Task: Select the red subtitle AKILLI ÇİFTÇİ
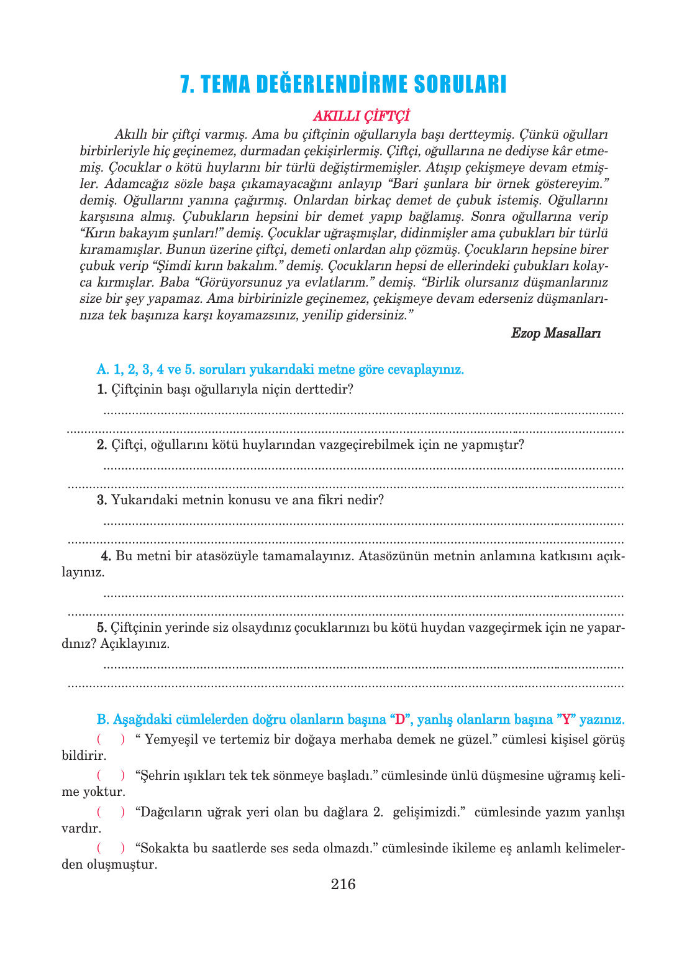click(x=361, y=116)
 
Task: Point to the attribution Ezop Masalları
click(x=555, y=333)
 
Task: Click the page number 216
click(x=343, y=884)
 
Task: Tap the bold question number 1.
click(x=102, y=390)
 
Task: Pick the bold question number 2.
click(x=102, y=445)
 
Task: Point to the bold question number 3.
click(x=102, y=501)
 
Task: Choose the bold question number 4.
click(x=106, y=556)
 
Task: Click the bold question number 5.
click(x=102, y=627)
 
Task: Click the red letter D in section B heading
click(x=400, y=719)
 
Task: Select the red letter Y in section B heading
click(x=566, y=719)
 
